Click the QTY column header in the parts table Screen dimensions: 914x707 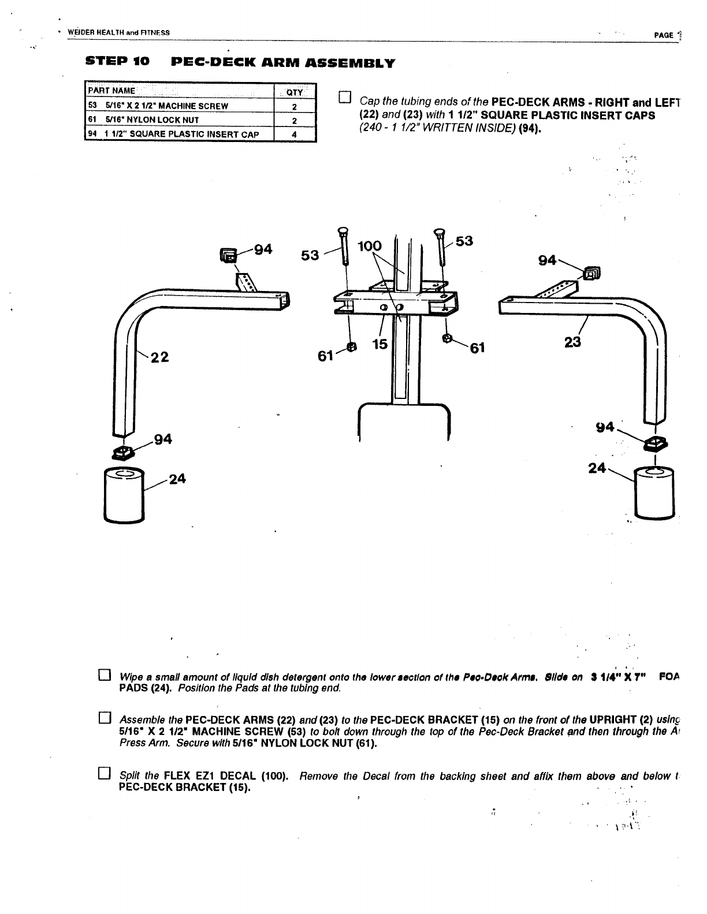[x=294, y=92]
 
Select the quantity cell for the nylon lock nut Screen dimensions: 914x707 [x=294, y=120]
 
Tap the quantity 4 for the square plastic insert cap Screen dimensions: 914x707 [x=294, y=135]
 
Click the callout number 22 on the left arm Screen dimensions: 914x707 [x=159, y=357]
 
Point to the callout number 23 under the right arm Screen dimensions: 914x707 [x=572, y=342]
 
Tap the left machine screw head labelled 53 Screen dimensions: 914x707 [x=342, y=231]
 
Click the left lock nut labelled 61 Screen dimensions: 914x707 [x=351, y=346]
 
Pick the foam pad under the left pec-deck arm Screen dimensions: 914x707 [x=123, y=495]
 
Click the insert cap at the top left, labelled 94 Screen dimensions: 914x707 [x=228, y=255]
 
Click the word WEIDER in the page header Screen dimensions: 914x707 [x=80, y=32]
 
